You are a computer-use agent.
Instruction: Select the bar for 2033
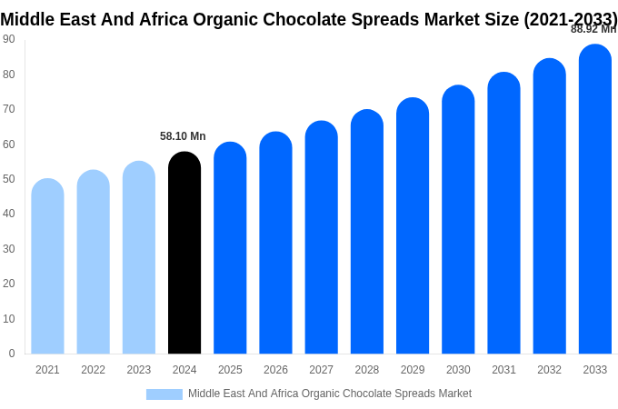594,199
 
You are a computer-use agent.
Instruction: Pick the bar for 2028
366,232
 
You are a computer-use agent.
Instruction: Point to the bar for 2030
458,220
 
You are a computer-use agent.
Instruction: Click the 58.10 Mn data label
183,136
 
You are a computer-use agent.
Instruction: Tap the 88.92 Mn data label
593,29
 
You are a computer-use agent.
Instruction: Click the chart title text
309,19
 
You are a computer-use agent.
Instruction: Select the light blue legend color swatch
164,394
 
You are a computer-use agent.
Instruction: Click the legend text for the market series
330,394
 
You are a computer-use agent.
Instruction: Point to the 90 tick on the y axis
9,39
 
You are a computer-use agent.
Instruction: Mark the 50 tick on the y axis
9,179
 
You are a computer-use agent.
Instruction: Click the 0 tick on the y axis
12,354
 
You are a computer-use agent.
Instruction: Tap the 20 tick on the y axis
9,284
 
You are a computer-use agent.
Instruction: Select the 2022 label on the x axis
93,370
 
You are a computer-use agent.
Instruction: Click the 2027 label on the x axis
321,370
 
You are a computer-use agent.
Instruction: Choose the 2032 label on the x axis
549,370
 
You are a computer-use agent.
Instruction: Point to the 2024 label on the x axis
184,370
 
